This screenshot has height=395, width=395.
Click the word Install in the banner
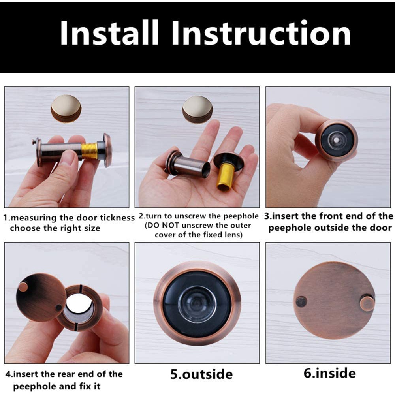pos(109,33)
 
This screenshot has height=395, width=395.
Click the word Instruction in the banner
pos(261,33)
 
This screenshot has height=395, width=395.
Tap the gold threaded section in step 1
pos(89,151)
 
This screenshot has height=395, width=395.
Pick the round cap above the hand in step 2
pos(197,109)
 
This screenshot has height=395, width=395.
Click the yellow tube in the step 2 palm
pos(226,176)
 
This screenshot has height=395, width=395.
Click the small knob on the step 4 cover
pos(23,287)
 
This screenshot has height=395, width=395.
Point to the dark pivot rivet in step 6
pos(301,301)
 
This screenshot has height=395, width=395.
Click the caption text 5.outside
pos(201,374)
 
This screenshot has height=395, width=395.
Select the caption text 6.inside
pos(329,373)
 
